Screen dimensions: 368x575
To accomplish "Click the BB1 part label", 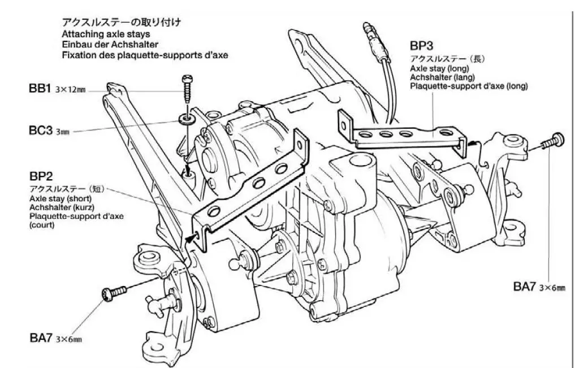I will (x=40, y=89).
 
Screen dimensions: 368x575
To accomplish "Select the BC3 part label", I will (x=41, y=131).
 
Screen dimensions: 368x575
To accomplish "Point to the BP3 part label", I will (x=423, y=46).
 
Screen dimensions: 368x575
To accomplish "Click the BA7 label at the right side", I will (x=524, y=287).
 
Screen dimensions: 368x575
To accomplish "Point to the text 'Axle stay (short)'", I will (x=60, y=199).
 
